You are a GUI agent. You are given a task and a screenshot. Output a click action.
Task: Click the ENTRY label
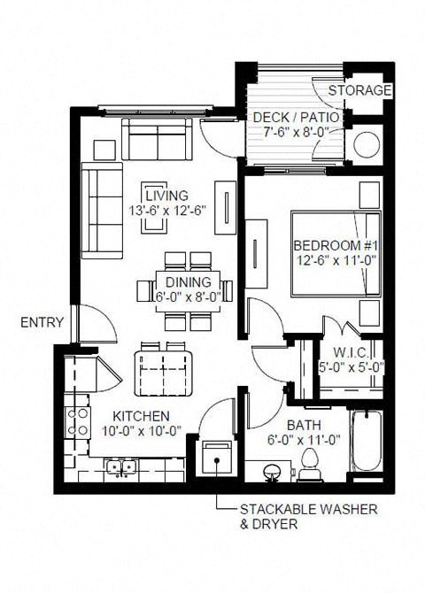42,323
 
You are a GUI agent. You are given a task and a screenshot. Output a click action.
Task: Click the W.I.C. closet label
358,351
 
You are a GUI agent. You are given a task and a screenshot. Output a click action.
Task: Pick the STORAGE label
359,90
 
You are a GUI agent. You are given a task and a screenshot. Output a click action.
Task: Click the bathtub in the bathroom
366,443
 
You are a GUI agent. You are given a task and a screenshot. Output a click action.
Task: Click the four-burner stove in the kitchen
76,421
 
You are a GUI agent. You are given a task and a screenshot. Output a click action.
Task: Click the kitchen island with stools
164,369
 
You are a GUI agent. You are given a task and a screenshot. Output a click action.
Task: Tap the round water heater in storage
365,144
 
